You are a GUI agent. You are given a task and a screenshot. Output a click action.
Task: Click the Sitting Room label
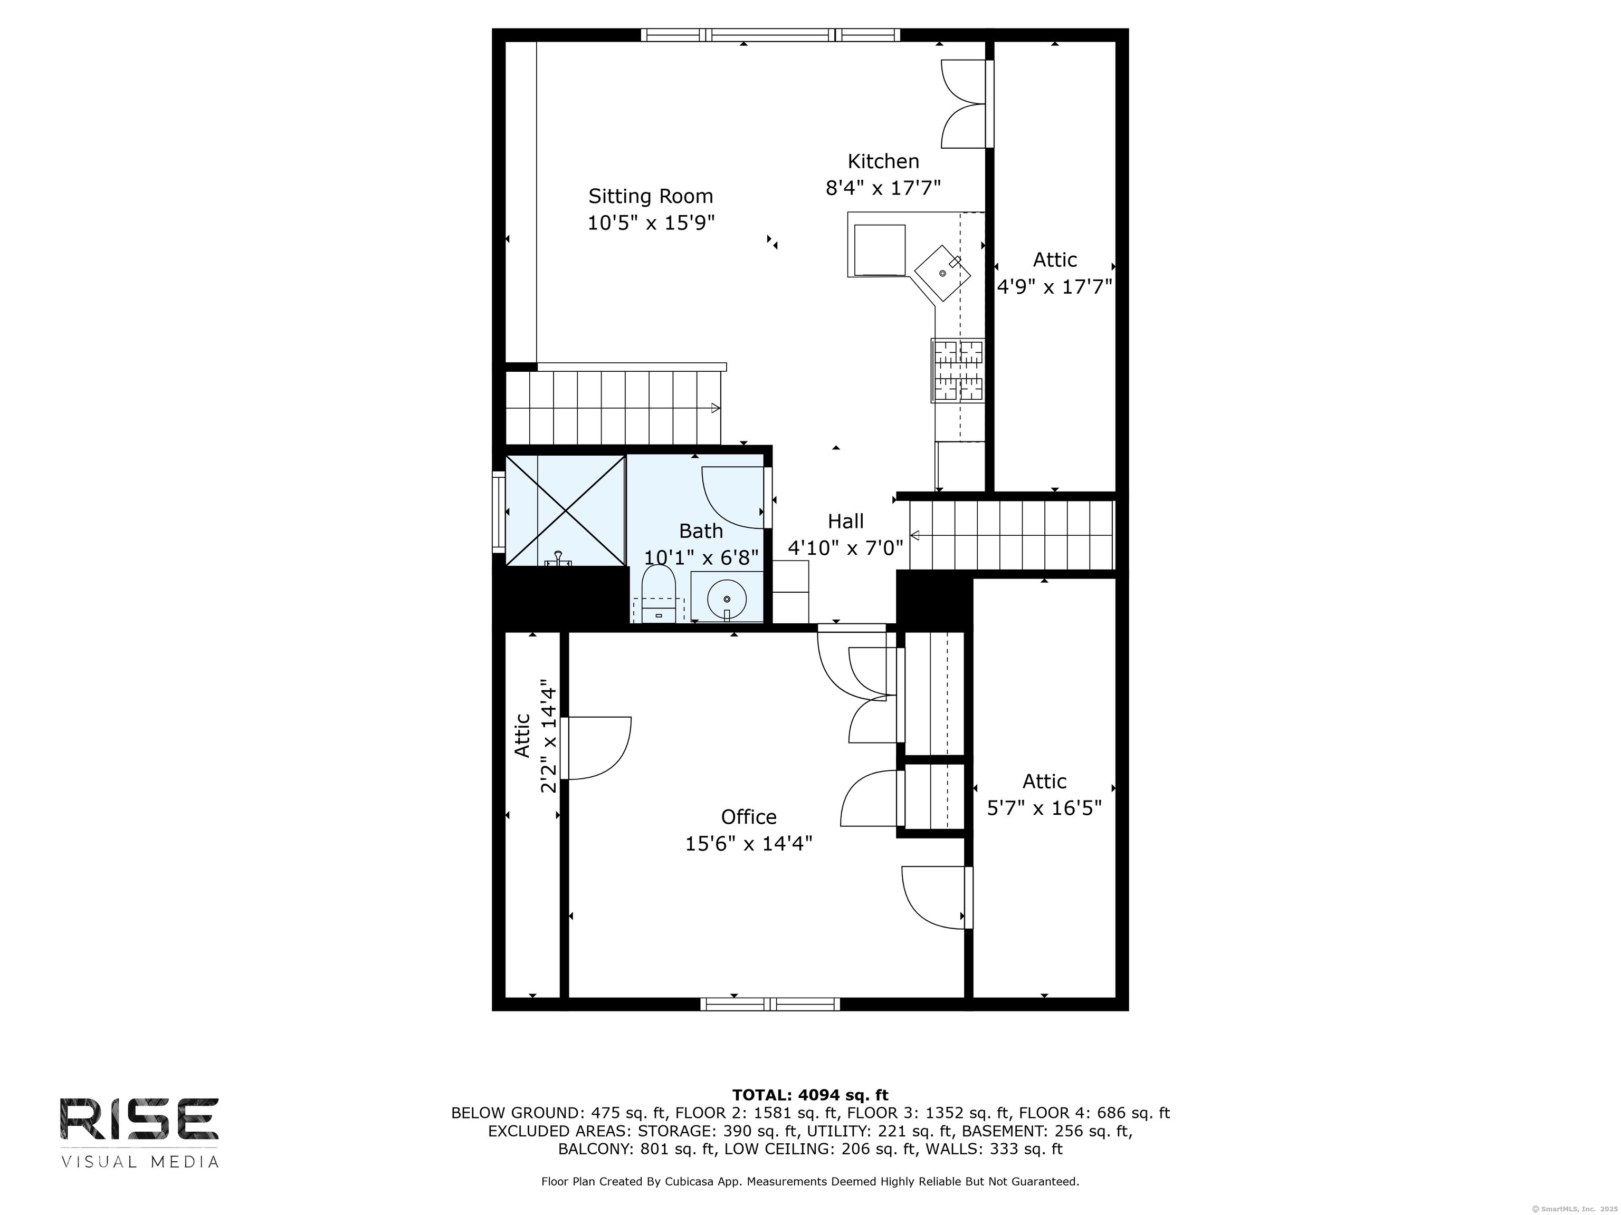pyautogui.click(x=650, y=196)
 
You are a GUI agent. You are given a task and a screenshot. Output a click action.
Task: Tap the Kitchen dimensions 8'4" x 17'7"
pyautogui.click(x=882, y=188)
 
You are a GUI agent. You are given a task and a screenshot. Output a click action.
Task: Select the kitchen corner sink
pyautogui.click(x=942, y=274)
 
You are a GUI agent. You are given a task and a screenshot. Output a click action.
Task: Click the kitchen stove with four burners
pyautogui.click(x=957, y=371)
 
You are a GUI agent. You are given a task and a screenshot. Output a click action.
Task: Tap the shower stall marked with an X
pyautogui.click(x=565, y=510)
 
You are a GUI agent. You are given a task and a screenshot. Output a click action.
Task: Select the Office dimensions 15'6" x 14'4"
pyautogui.click(x=748, y=844)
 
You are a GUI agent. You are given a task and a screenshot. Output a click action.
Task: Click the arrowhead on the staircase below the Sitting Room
pyautogui.click(x=715, y=408)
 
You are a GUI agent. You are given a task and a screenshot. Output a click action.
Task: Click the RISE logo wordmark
pyautogui.click(x=138, y=1119)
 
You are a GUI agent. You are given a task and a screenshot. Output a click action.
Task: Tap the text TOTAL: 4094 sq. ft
pyautogui.click(x=810, y=1095)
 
